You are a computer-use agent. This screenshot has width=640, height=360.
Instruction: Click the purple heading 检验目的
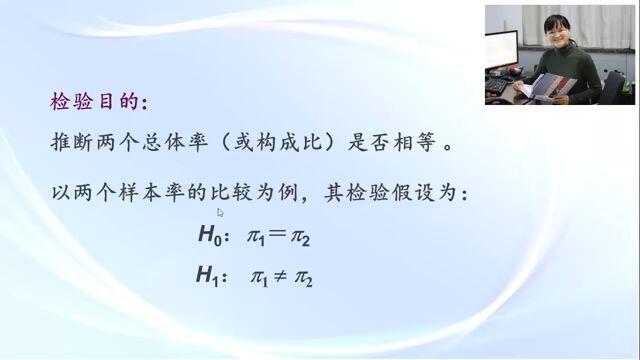[94, 101]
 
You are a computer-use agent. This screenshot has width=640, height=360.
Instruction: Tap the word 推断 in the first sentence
[73, 143]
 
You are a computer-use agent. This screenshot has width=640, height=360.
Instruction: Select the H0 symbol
[210, 236]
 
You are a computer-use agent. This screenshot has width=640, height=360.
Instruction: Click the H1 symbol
[207, 276]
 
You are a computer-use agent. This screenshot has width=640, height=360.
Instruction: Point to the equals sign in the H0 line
[277, 233]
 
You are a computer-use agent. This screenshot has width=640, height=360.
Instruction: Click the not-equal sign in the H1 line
[280, 277]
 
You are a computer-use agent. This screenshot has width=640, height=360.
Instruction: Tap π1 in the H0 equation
[256, 238]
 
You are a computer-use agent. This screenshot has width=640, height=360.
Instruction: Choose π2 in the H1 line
[303, 279]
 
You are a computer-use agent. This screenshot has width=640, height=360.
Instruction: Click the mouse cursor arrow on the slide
[220, 213]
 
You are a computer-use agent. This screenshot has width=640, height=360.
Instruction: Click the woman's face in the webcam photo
[558, 33]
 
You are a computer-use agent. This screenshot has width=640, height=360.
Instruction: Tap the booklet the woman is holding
[549, 87]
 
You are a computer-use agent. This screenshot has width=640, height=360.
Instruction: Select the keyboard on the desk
[497, 85]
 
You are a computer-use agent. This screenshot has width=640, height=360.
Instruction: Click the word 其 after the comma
[334, 193]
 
